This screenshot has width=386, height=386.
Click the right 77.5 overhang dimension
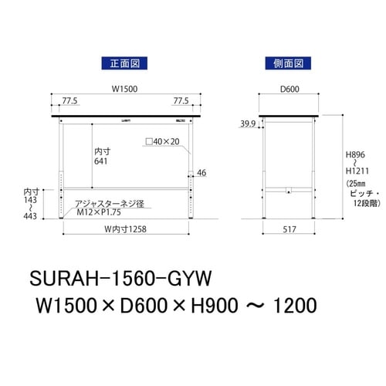tap(181, 101)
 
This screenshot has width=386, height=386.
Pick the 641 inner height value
tap(101, 162)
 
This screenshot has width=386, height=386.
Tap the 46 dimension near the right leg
tap(201, 173)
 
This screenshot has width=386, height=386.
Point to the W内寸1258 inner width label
tap(127, 230)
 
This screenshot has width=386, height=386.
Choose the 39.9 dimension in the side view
tap(247, 123)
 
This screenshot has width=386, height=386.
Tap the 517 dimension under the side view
tap(289, 230)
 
